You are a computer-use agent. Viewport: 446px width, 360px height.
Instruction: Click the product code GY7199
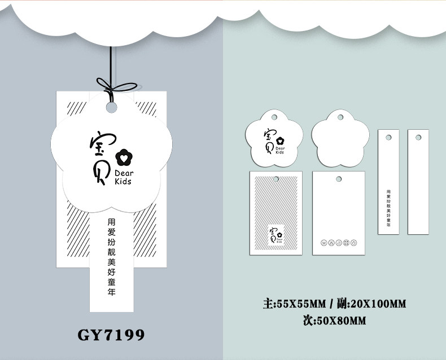(111, 335)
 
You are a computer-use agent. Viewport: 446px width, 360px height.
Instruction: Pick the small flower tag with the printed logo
(274, 139)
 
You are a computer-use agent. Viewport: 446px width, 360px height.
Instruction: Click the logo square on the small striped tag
(276, 234)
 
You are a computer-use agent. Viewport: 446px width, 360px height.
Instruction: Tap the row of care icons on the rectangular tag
(338, 243)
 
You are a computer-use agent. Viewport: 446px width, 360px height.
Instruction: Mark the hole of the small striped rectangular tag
(276, 179)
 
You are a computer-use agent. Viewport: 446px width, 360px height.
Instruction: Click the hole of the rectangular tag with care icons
(338, 179)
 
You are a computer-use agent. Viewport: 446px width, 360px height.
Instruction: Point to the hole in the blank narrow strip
(418, 138)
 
